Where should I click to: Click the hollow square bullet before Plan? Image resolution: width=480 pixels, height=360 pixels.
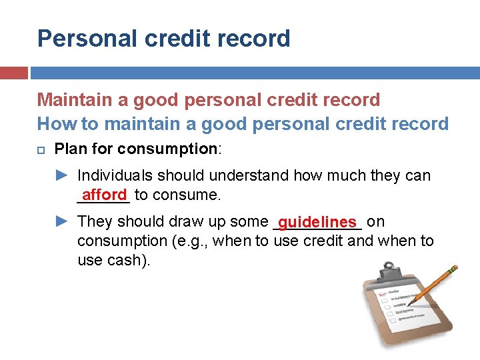(x=41, y=149)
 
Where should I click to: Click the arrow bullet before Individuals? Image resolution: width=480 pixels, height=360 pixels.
(x=61, y=175)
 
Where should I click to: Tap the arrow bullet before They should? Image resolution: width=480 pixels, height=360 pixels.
(x=61, y=221)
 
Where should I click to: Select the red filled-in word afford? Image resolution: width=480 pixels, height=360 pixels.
(x=104, y=195)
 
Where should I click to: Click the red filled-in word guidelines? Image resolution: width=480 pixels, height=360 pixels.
(x=317, y=221)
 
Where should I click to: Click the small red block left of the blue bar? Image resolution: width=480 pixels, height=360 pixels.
(x=13, y=73)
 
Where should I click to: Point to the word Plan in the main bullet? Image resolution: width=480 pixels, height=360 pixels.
(x=70, y=149)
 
